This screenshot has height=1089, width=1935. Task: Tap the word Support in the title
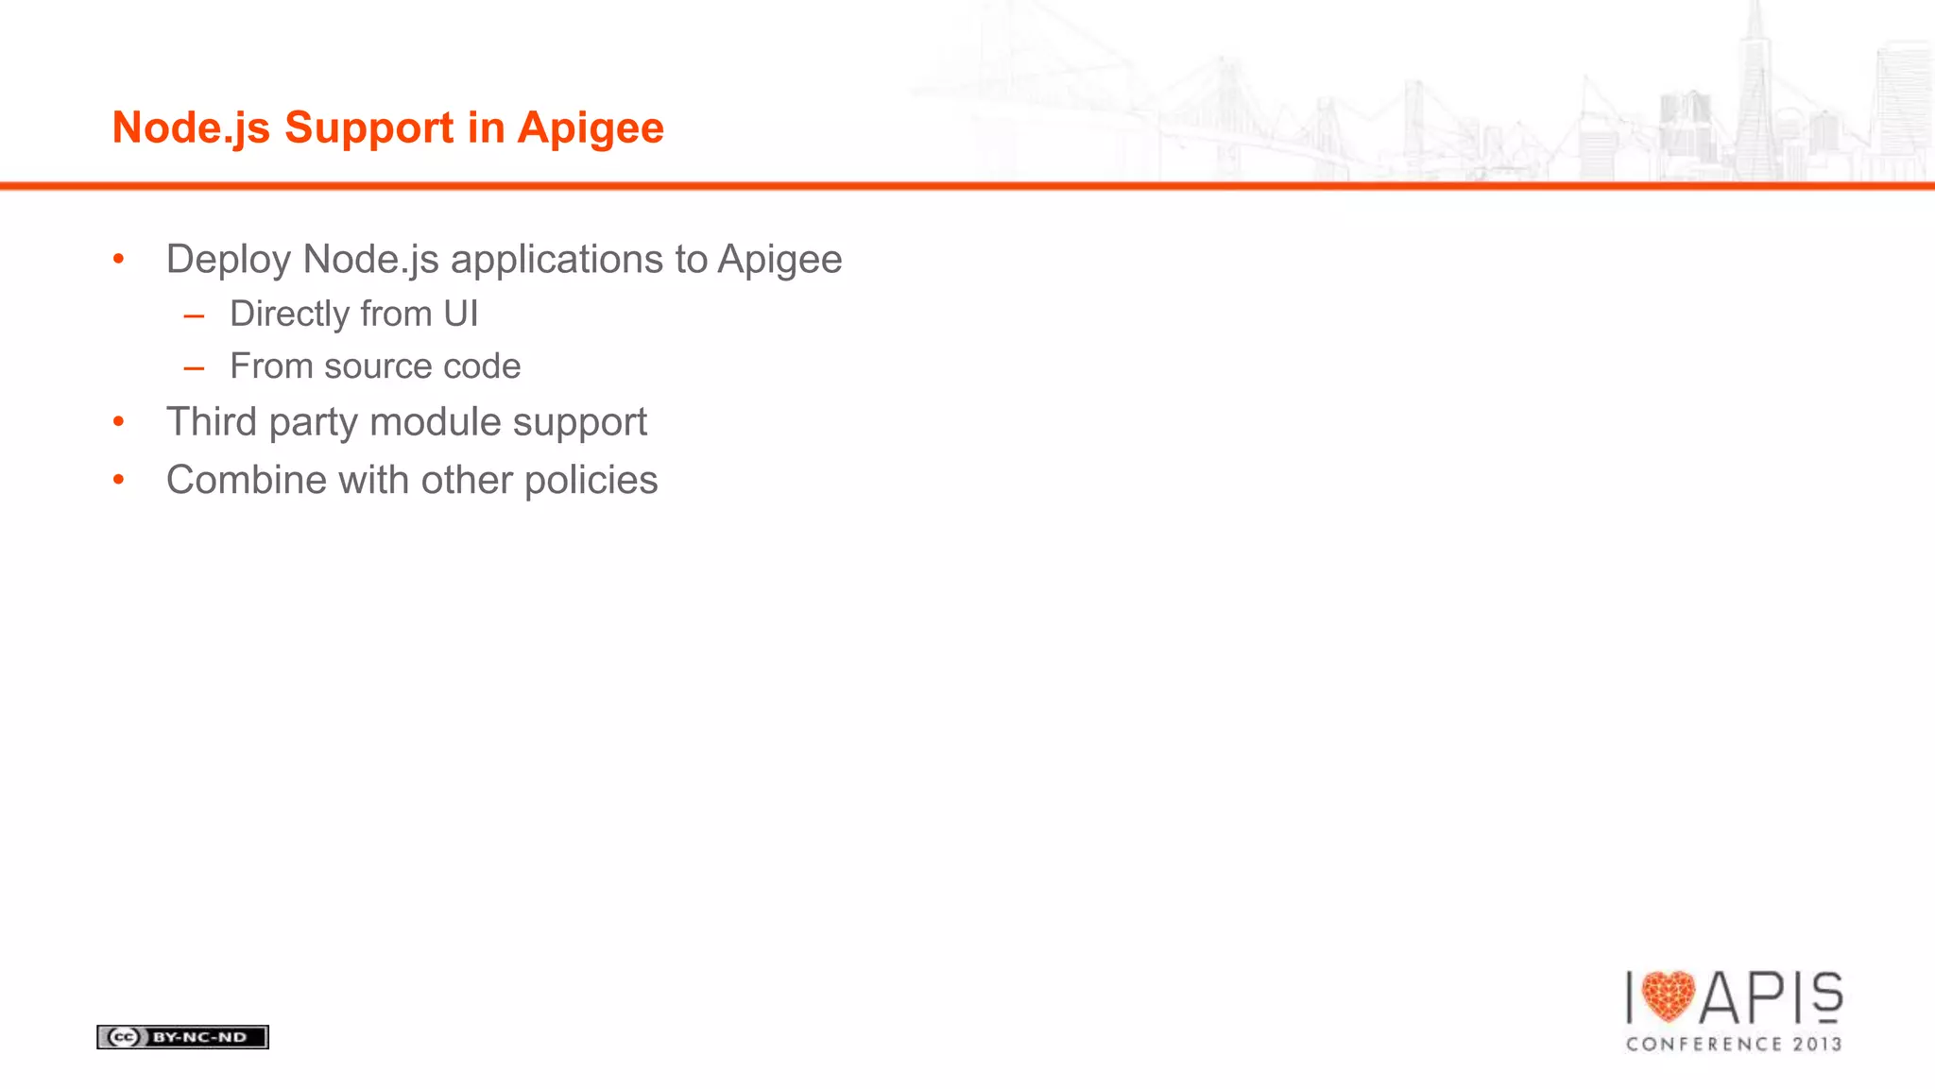pyautogui.click(x=368, y=128)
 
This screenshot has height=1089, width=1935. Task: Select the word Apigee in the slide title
pyautogui.click(x=591, y=128)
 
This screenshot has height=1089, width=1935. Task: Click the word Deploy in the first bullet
pyautogui.click(x=228, y=260)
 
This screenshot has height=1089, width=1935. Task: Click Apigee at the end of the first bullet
pyautogui.click(x=779, y=260)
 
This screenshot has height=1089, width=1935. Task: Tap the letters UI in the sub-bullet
pyautogui.click(x=461, y=314)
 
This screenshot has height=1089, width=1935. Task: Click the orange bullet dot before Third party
pyautogui.click(x=118, y=421)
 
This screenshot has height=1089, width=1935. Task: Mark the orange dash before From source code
pyautogui.click(x=195, y=367)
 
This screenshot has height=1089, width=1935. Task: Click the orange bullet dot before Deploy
pyautogui.click(x=118, y=259)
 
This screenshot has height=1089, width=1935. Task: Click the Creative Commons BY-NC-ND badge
pyautogui.click(x=182, y=1037)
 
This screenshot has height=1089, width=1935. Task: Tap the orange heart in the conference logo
pyautogui.click(x=1669, y=996)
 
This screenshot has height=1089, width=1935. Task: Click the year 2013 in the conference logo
pyautogui.click(x=1818, y=1044)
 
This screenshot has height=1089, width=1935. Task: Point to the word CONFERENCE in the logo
pyautogui.click(x=1704, y=1044)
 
